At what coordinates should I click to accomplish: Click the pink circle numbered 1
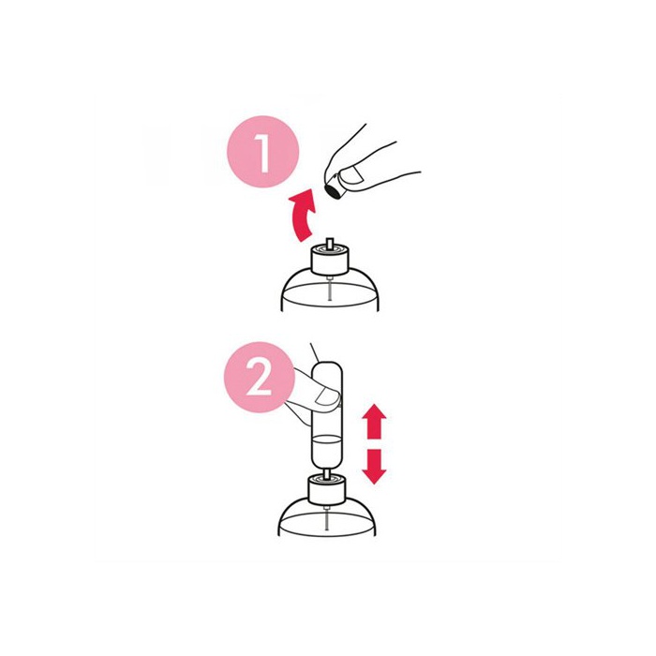262,152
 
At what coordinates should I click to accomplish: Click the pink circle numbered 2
260,377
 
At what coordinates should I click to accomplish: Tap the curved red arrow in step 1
303,215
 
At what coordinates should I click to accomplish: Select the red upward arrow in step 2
374,421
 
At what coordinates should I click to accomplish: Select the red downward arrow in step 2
374,467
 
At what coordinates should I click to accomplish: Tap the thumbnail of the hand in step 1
352,174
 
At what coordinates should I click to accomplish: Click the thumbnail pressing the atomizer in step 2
327,396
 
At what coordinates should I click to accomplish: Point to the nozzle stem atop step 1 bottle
330,245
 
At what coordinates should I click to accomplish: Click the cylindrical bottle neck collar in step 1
329,261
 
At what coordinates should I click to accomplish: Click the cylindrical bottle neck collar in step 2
326,489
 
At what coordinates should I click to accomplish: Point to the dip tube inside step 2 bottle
327,517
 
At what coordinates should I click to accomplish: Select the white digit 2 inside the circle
259,379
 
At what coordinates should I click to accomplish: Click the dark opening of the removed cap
333,191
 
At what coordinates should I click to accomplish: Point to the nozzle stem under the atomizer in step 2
327,472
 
